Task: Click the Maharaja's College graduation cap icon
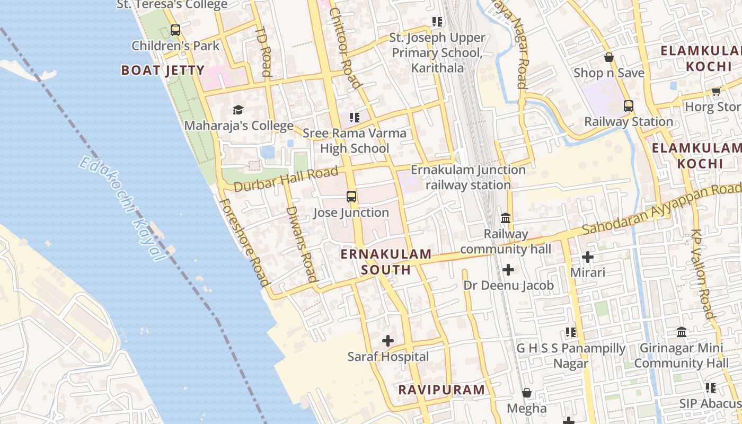(x=238, y=110)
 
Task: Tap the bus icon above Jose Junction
(x=351, y=197)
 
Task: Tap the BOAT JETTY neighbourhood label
(x=163, y=70)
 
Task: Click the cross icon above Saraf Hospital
(x=388, y=341)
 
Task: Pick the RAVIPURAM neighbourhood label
(x=441, y=390)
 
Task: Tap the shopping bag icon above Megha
(x=527, y=393)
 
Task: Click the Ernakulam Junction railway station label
(x=468, y=178)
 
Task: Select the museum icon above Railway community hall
(x=506, y=218)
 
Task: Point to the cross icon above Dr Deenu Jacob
(x=508, y=270)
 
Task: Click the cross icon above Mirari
(x=587, y=257)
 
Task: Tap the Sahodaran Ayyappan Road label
(x=662, y=209)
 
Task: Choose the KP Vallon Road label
(x=703, y=273)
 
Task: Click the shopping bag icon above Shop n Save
(x=609, y=57)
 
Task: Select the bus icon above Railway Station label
(x=628, y=105)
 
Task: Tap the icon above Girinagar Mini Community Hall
(x=682, y=332)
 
